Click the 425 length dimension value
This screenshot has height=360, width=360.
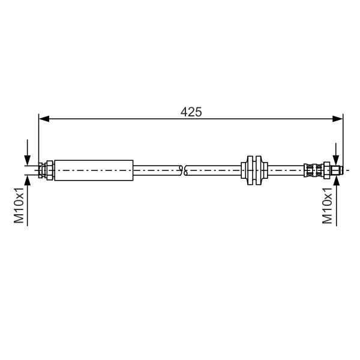tap(191, 112)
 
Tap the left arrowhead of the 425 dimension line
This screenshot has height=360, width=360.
tap(44, 119)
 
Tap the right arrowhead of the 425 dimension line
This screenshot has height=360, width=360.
tap(337, 119)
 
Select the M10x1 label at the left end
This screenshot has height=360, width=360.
tap(19, 205)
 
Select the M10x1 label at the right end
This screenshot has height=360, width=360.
tap(327, 205)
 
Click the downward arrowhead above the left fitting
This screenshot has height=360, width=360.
tap(28, 160)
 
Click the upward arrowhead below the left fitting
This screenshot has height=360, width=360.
tap(28, 181)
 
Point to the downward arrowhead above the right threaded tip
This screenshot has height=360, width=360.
tap(336, 160)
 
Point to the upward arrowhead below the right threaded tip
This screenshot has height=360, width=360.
tap(336, 181)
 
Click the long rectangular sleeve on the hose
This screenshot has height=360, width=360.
tap(94, 170)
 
